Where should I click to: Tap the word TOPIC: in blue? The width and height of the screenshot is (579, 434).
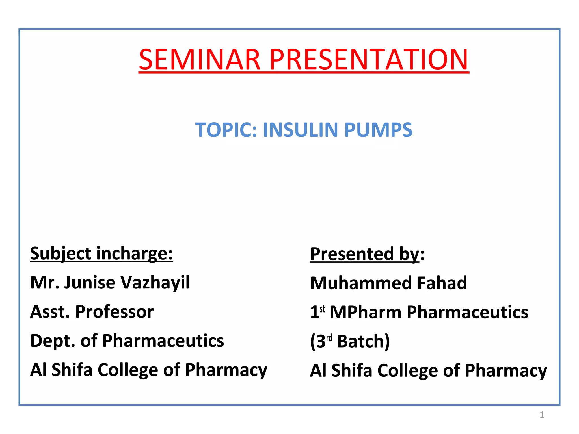[x=226, y=130]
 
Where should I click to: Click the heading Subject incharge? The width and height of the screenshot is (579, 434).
[x=101, y=253]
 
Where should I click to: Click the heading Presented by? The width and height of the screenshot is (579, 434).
[x=367, y=254]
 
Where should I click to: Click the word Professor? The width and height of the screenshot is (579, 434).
[x=114, y=312]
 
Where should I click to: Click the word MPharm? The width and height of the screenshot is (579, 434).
[x=366, y=313]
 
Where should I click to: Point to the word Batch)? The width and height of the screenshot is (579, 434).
[x=363, y=341]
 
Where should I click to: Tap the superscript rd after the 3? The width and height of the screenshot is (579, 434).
[x=329, y=338]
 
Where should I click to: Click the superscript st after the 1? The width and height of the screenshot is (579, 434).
[x=322, y=309]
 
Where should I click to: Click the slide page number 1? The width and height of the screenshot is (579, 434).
[x=542, y=415]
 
